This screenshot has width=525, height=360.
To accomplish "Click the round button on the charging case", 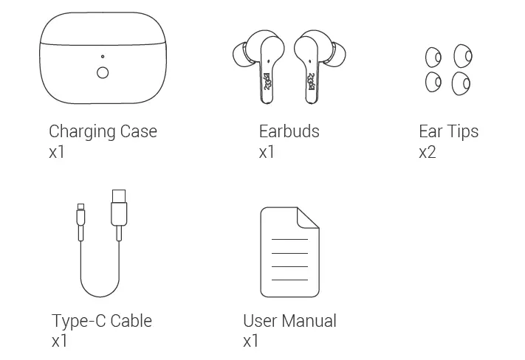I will [103, 72].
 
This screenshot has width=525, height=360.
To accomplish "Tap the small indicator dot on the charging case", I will [103, 57].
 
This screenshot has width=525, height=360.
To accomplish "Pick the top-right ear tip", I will [463, 55].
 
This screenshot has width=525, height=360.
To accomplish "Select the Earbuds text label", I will [289, 131].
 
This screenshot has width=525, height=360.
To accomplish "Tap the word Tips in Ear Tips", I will [463, 132].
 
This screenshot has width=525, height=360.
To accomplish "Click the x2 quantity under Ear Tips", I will [427, 153].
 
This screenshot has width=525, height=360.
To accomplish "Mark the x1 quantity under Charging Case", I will [57, 153].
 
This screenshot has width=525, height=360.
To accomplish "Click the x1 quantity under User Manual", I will [251, 341].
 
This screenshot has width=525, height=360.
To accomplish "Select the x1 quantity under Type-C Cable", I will [60, 341].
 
